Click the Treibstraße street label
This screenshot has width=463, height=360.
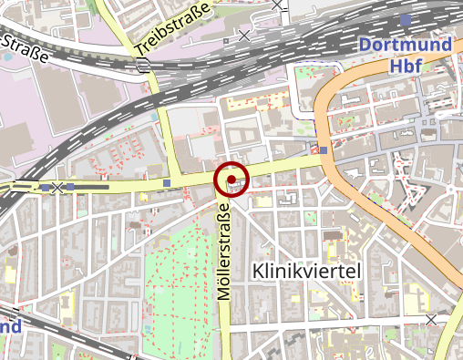[x=172, y=27]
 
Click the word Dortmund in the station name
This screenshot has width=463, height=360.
[x=404, y=45]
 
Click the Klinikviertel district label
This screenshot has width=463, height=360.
[x=306, y=271]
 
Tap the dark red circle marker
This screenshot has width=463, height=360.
[x=231, y=180]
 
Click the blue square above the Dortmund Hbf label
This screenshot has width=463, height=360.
[x=406, y=18]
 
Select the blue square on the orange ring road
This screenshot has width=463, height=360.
[x=324, y=150]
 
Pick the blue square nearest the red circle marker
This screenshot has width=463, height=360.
[x=168, y=183]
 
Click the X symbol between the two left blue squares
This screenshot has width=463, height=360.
[x=58, y=188]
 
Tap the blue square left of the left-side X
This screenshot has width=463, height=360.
[x=46, y=188]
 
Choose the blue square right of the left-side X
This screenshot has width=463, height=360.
[x=70, y=188]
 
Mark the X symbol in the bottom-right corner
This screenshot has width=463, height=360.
[x=431, y=319]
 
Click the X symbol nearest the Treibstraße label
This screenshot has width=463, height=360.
[x=242, y=36]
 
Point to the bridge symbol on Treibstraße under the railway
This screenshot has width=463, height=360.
[x=143, y=63]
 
